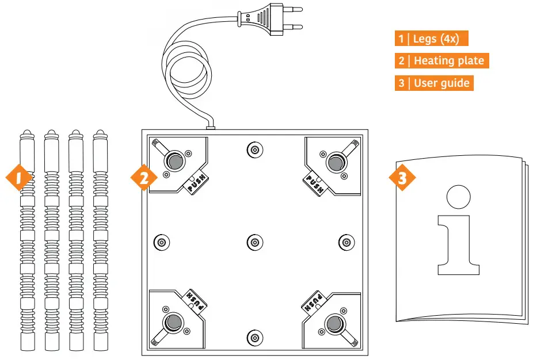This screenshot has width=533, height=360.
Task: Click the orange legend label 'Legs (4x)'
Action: tap(431, 39)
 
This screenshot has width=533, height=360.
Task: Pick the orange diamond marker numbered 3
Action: tap(402, 178)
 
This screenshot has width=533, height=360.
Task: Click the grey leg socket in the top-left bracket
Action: tap(173, 162)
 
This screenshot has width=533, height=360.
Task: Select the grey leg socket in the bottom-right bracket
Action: tap(333, 323)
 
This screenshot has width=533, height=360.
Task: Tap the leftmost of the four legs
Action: tap(27, 242)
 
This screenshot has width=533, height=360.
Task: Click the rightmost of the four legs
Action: tap(101, 242)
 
